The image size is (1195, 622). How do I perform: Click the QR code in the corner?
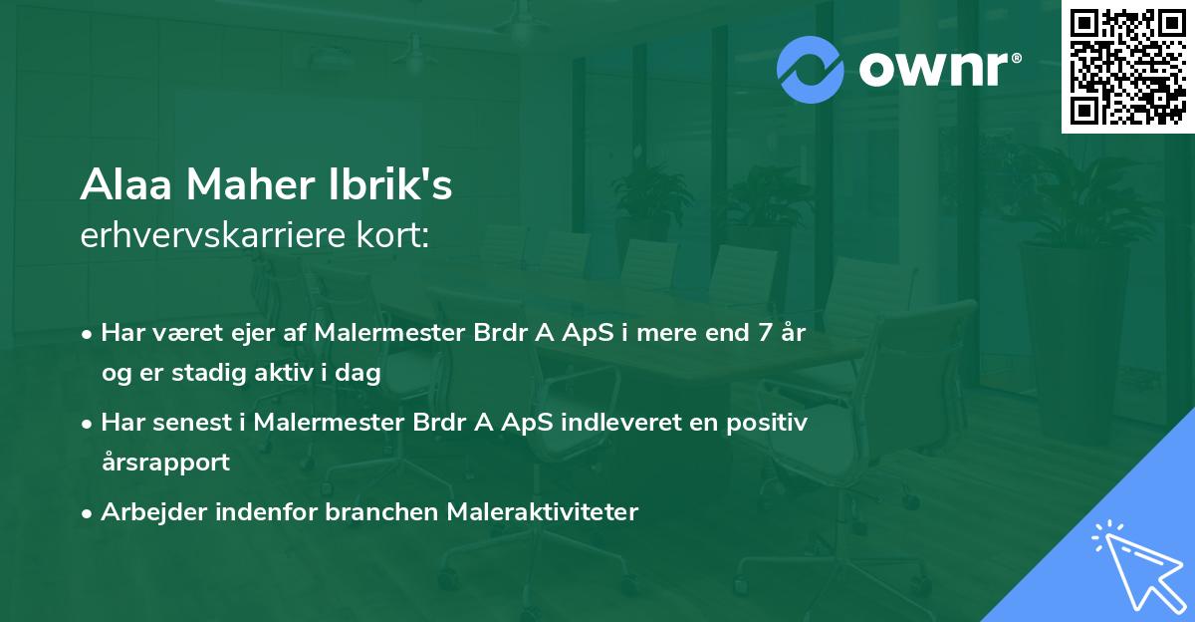click(x=1127, y=67)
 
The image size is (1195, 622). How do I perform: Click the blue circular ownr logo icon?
click(x=812, y=70)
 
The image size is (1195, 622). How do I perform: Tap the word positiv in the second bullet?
click(x=767, y=423)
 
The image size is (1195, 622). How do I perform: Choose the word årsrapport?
click(x=165, y=463)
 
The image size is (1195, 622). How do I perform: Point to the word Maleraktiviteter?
click(x=542, y=512)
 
